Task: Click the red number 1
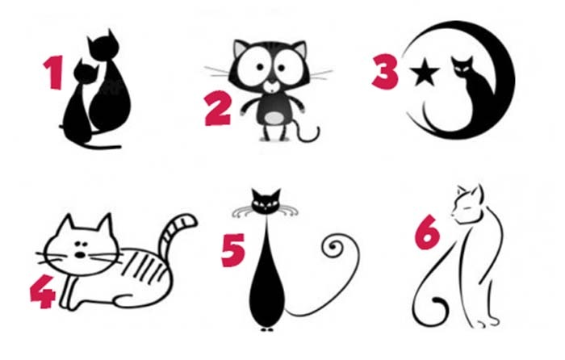click(54, 72)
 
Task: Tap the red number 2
click(218, 108)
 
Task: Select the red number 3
click(386, 71)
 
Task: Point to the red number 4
click(43, 291)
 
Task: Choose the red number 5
click(233, 250)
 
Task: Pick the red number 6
click(427, 232)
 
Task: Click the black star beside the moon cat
click(425, 72)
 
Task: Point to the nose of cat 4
click(80, 255)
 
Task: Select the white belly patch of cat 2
click(275, 118)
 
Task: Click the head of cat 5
click(266, 201)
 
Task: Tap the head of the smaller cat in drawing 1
click(86, 72)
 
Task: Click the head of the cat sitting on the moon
click(462, 67)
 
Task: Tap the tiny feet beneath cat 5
click(266, 329)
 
